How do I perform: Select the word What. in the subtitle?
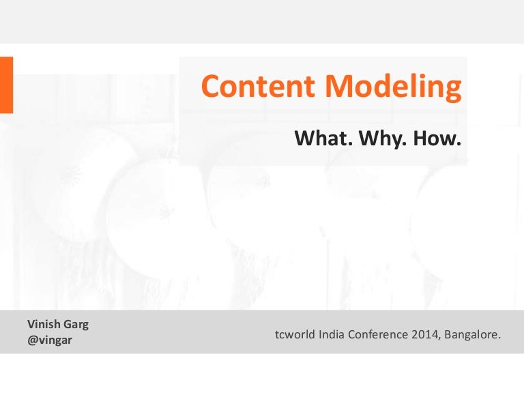pyautogui.click(x=319, y=139)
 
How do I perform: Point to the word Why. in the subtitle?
pyautogui.click(x=378, y=139)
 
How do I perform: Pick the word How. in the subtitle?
pyautogui.click(x=436, y=139)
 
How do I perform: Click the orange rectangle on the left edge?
pyautogui.click(x=6, y=85)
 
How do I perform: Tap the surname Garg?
pyautogui.click(x=76, y=325)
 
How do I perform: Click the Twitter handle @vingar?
pyautogui.click(x=49, y=339)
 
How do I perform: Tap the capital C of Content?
pyautogui.click(x=211, y=87)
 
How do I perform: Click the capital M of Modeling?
pyautogui.click(x=338, y=87)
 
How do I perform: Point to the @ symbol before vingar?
pyautogui.click(x=32, y=339)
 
